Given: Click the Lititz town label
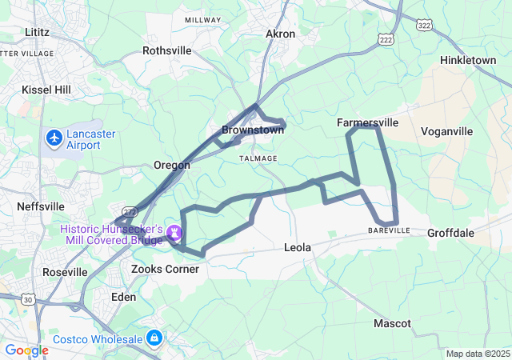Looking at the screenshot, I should point(38,32).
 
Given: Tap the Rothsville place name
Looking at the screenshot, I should point(166,50).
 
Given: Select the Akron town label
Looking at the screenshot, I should point(280,34).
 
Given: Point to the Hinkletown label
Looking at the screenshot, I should point(468,60).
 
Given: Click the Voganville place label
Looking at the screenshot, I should point(446,131).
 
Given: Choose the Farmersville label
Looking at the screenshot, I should point(367,123).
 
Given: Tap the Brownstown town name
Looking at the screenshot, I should point(253,130).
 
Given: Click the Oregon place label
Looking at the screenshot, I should point(172,165).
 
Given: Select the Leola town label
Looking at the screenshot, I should point(297,248).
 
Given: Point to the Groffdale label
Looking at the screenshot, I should point(450,234).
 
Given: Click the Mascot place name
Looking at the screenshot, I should point(392,323).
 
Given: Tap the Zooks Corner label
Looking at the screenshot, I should point(165,270).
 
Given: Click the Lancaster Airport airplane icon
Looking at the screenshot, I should point(54,138).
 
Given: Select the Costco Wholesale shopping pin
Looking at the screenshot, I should point(154,338).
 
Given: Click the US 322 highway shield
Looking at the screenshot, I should point(423,26).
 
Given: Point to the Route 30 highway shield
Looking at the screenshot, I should point(30,299).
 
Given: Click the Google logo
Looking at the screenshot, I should point(26,350).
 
